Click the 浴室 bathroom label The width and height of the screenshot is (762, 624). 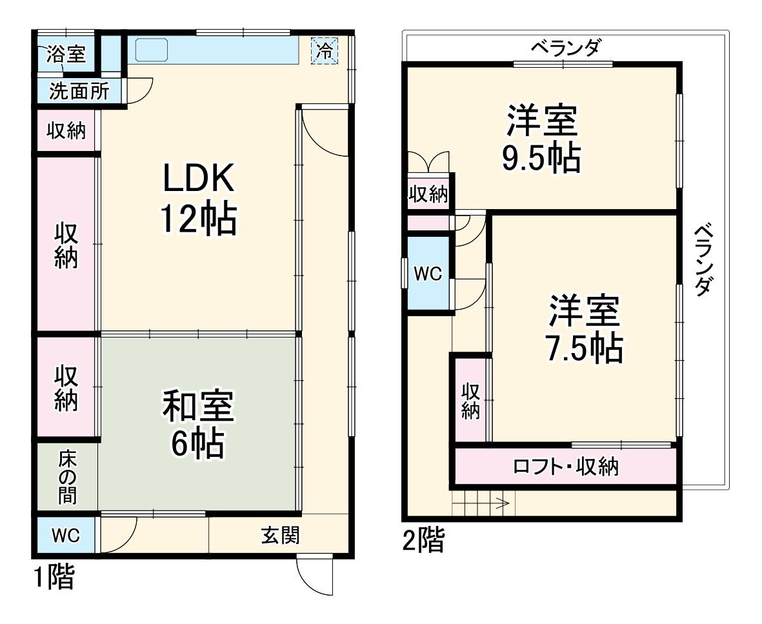[66, 54]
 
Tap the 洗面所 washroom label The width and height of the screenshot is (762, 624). [79, 92]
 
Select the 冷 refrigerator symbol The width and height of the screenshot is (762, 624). [325, 50]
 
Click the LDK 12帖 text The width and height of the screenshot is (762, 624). [197, 200]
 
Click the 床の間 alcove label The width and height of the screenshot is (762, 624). [67, 478]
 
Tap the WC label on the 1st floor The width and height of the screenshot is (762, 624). [65, 536]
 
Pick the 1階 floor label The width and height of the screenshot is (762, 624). [54, 576]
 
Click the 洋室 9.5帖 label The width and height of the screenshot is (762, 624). [541, 139]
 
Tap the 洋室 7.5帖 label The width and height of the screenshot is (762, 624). [585, 329]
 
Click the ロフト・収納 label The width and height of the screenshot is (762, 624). [565, 466]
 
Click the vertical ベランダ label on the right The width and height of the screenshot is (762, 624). [705, 259]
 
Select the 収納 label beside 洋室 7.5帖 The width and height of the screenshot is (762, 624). [470, 400]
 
